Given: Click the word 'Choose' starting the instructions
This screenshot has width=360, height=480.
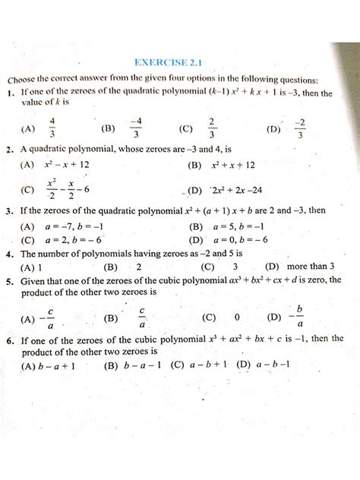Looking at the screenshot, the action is (x=27, y=80).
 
